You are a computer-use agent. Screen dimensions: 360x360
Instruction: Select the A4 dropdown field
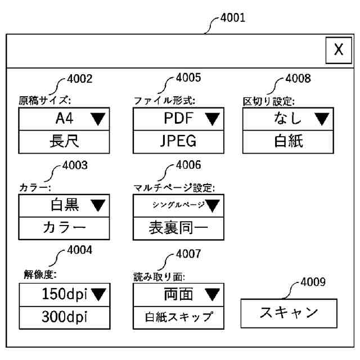(64, 119)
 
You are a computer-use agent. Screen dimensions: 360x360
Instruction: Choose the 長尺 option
(64, 141)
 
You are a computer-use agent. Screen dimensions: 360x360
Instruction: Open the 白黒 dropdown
(64, 206)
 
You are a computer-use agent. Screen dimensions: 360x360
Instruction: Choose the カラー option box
(64, 228)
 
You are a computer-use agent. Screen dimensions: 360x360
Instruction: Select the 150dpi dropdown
(64, 294)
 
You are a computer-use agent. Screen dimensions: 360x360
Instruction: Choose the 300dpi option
(64, 316)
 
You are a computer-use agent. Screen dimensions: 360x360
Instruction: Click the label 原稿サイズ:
(42, 101)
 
